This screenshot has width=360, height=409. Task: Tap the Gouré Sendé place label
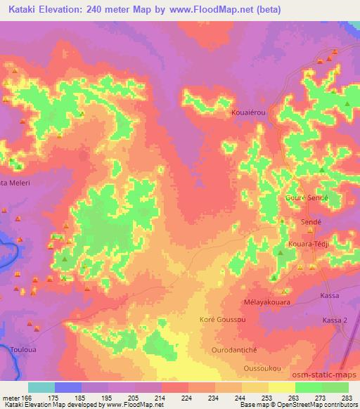click(307, 198)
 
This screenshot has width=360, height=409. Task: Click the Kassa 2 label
click(335, 320)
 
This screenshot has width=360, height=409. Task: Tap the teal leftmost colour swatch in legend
click(41, 387)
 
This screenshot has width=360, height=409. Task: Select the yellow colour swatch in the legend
click(281, 387)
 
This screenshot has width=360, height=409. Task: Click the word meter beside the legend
click(11, 398)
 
